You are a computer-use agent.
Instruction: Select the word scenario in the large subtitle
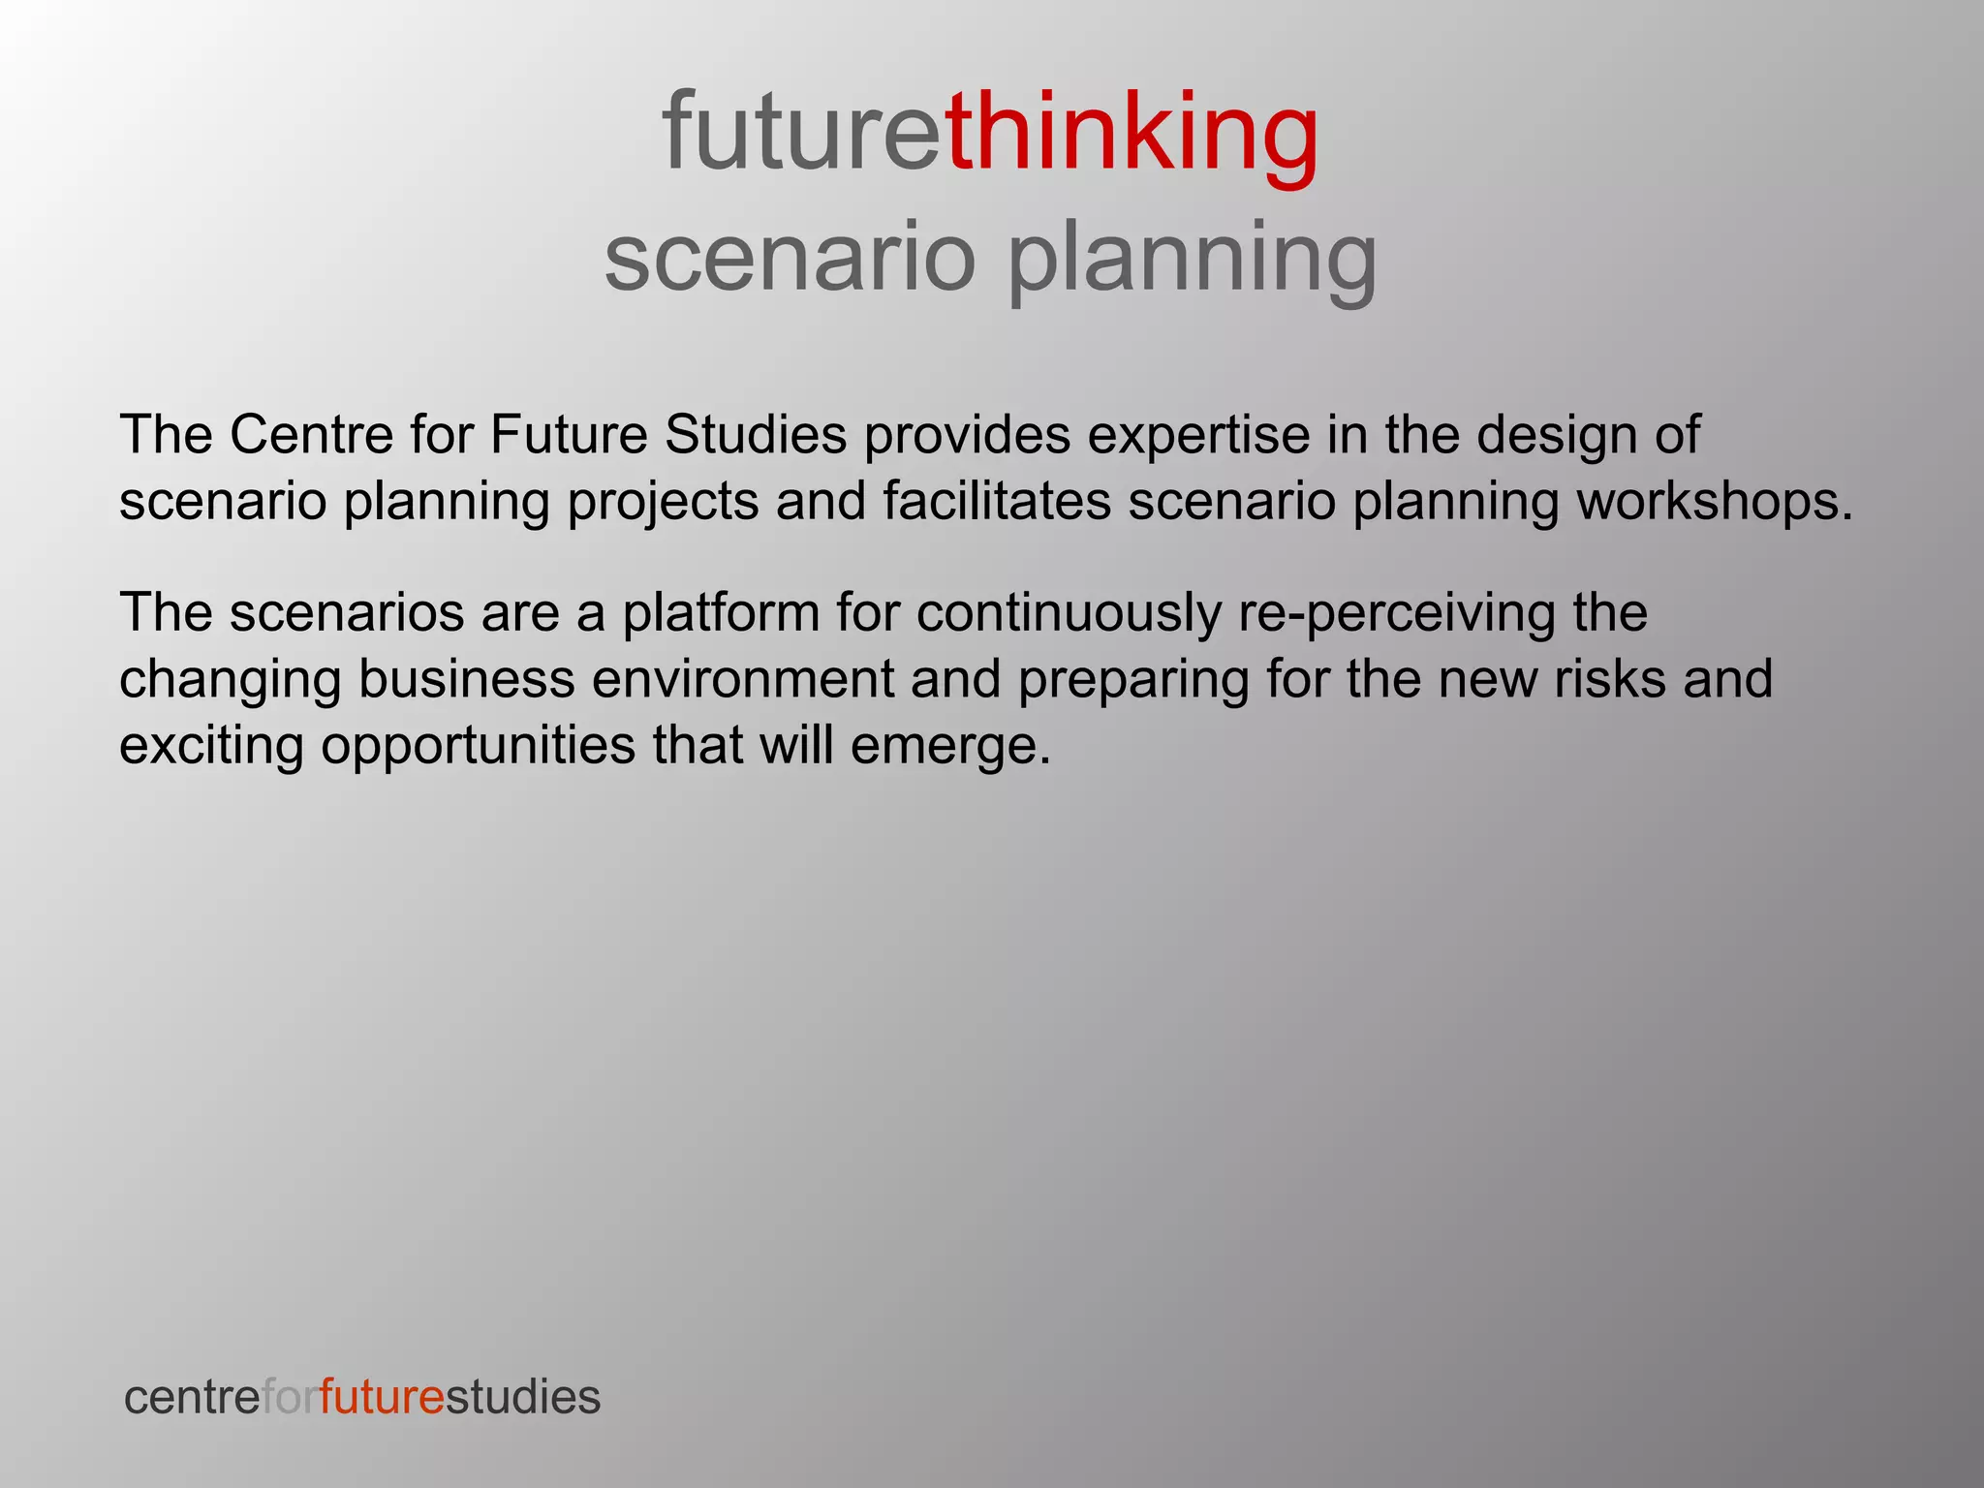pos(790,258)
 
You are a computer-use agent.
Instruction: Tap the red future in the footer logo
pos(382,1397)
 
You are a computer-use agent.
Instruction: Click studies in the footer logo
pos(523,1397)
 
